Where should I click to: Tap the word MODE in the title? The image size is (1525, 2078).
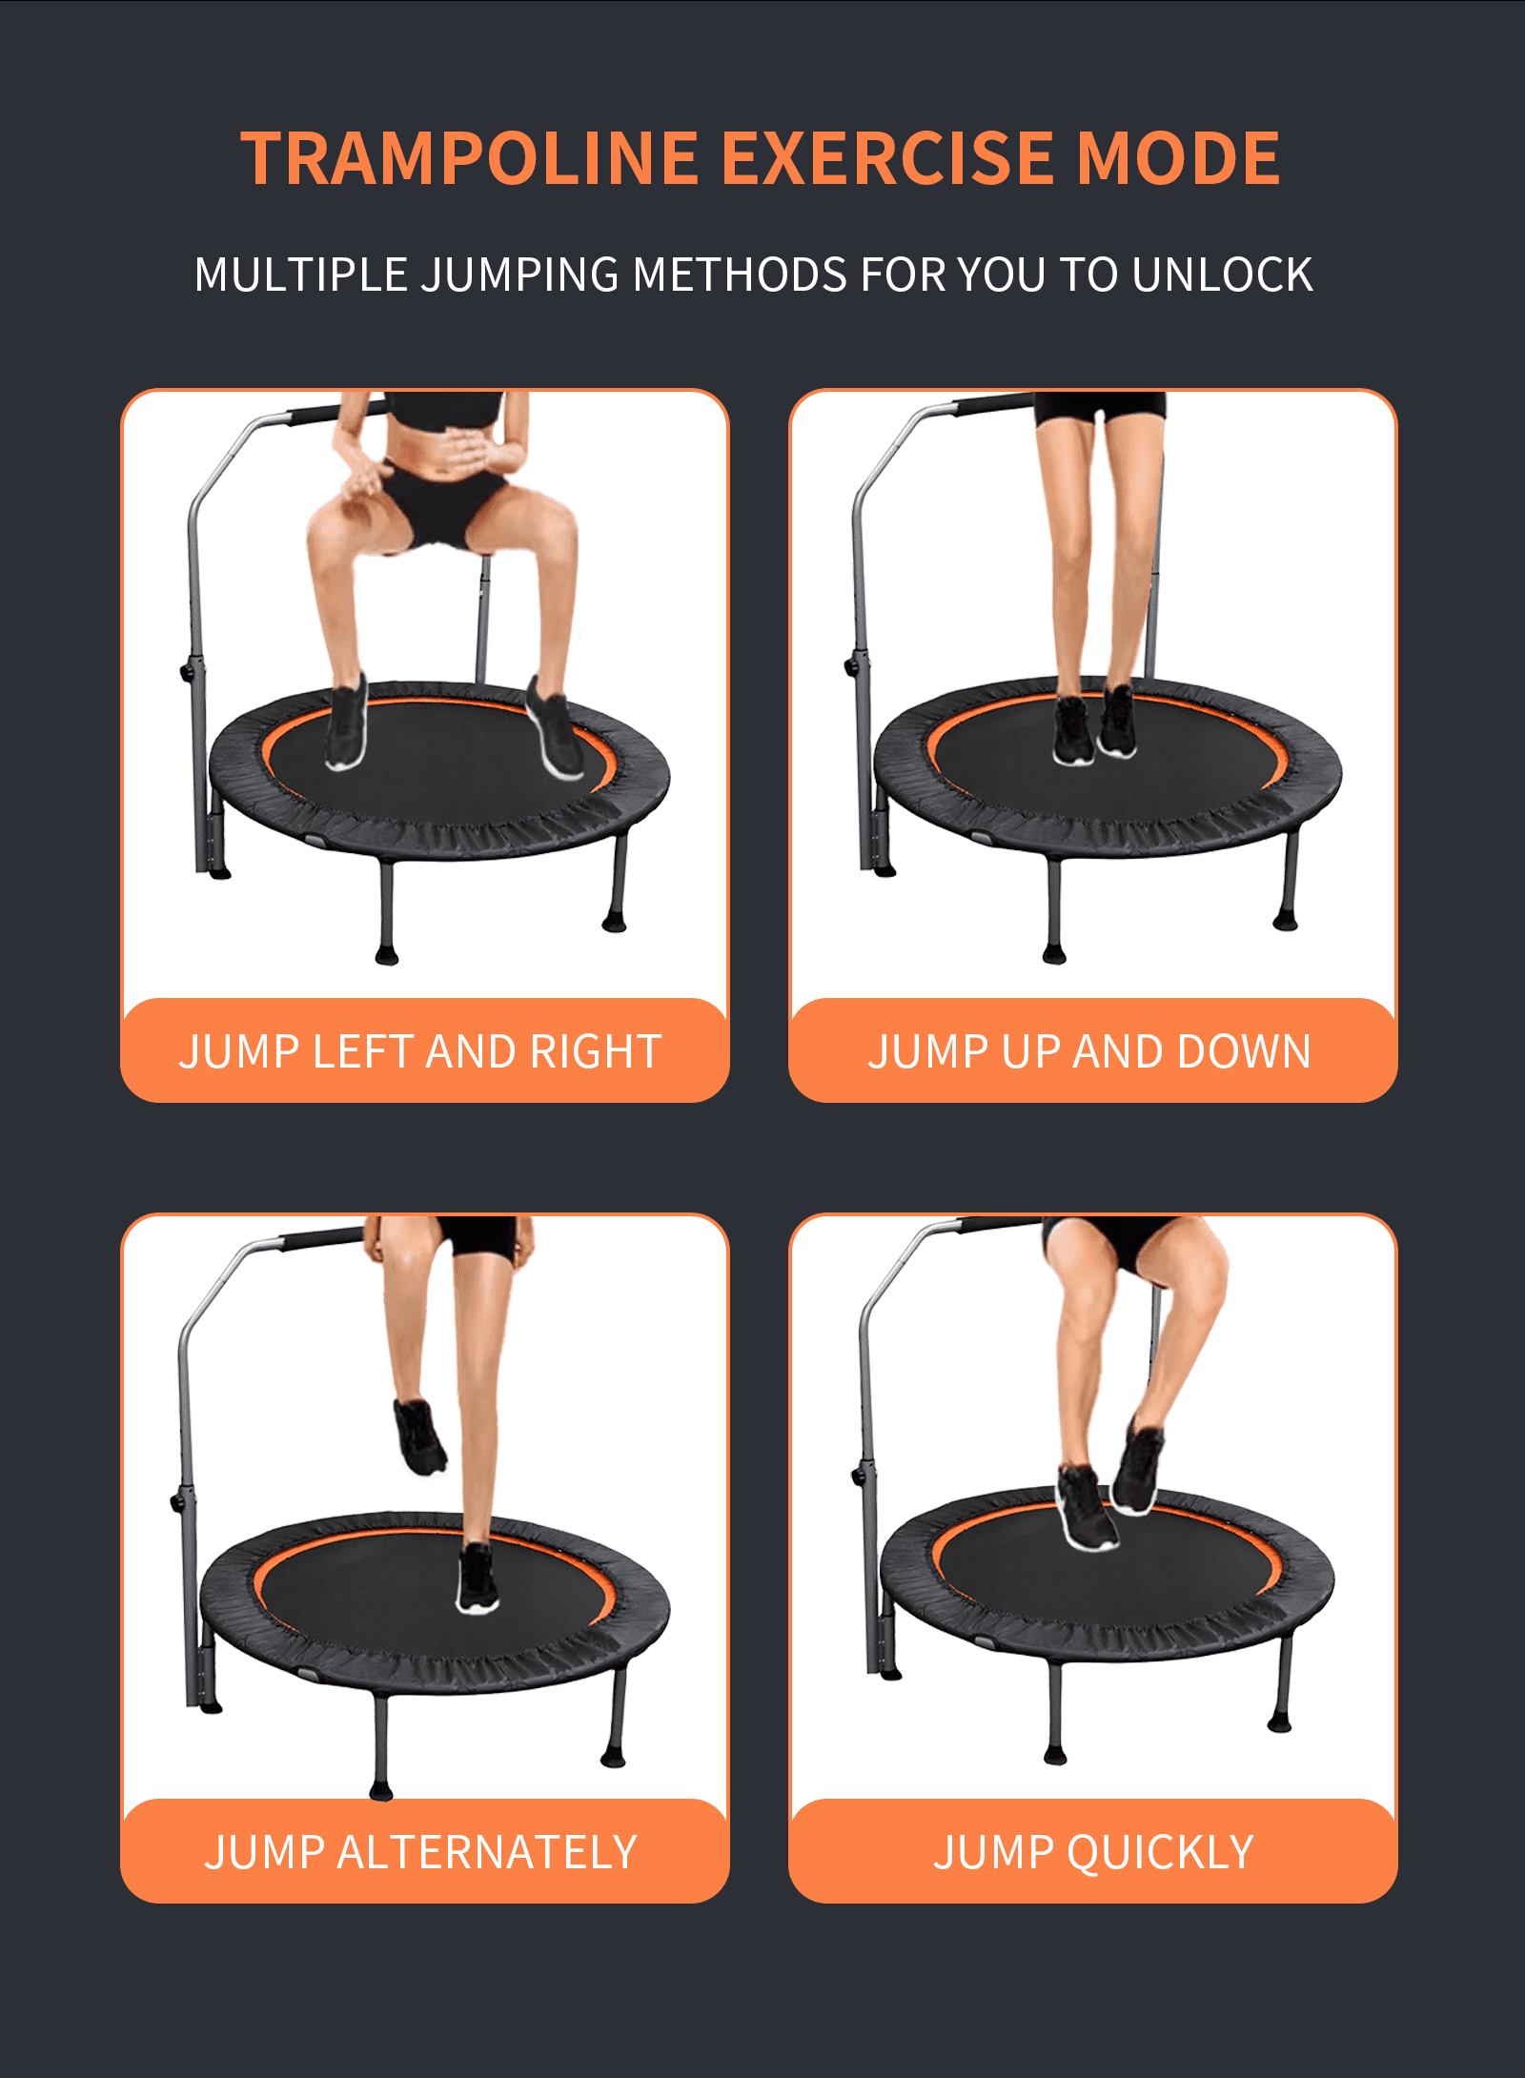pyautogui.click(x=1178, y=158)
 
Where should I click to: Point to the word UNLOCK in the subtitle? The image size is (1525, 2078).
pyautogui.click(x=1223, y=275)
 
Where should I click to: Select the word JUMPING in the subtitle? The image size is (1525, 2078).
pyautogui.click(x=521, y=275)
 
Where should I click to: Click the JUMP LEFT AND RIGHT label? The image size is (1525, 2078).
pyautogui.click(x=420, y=1052)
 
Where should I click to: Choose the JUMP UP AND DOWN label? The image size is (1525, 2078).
pyautogui.click(x=1089, y=1052)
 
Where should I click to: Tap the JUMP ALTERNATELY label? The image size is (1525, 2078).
pyautogui.click(x=420, y=1853)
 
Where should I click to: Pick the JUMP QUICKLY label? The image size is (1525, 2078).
pyautogui.click(x=1093, y=1853)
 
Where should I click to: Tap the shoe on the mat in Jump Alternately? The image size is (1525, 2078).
pyautogui.click(x=477, y=1579)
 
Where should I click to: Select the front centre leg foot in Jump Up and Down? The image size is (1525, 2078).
pyautogui.click(x=1054, y=954)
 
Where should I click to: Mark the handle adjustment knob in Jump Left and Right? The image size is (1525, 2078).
pyautogui.click(x=187, y=672)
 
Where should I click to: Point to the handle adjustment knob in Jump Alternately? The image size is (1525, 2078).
pyautogui.click(x=177, y=1501)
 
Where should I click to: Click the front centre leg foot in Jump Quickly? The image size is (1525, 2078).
pyautogui.click(x=1055, y=1755)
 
